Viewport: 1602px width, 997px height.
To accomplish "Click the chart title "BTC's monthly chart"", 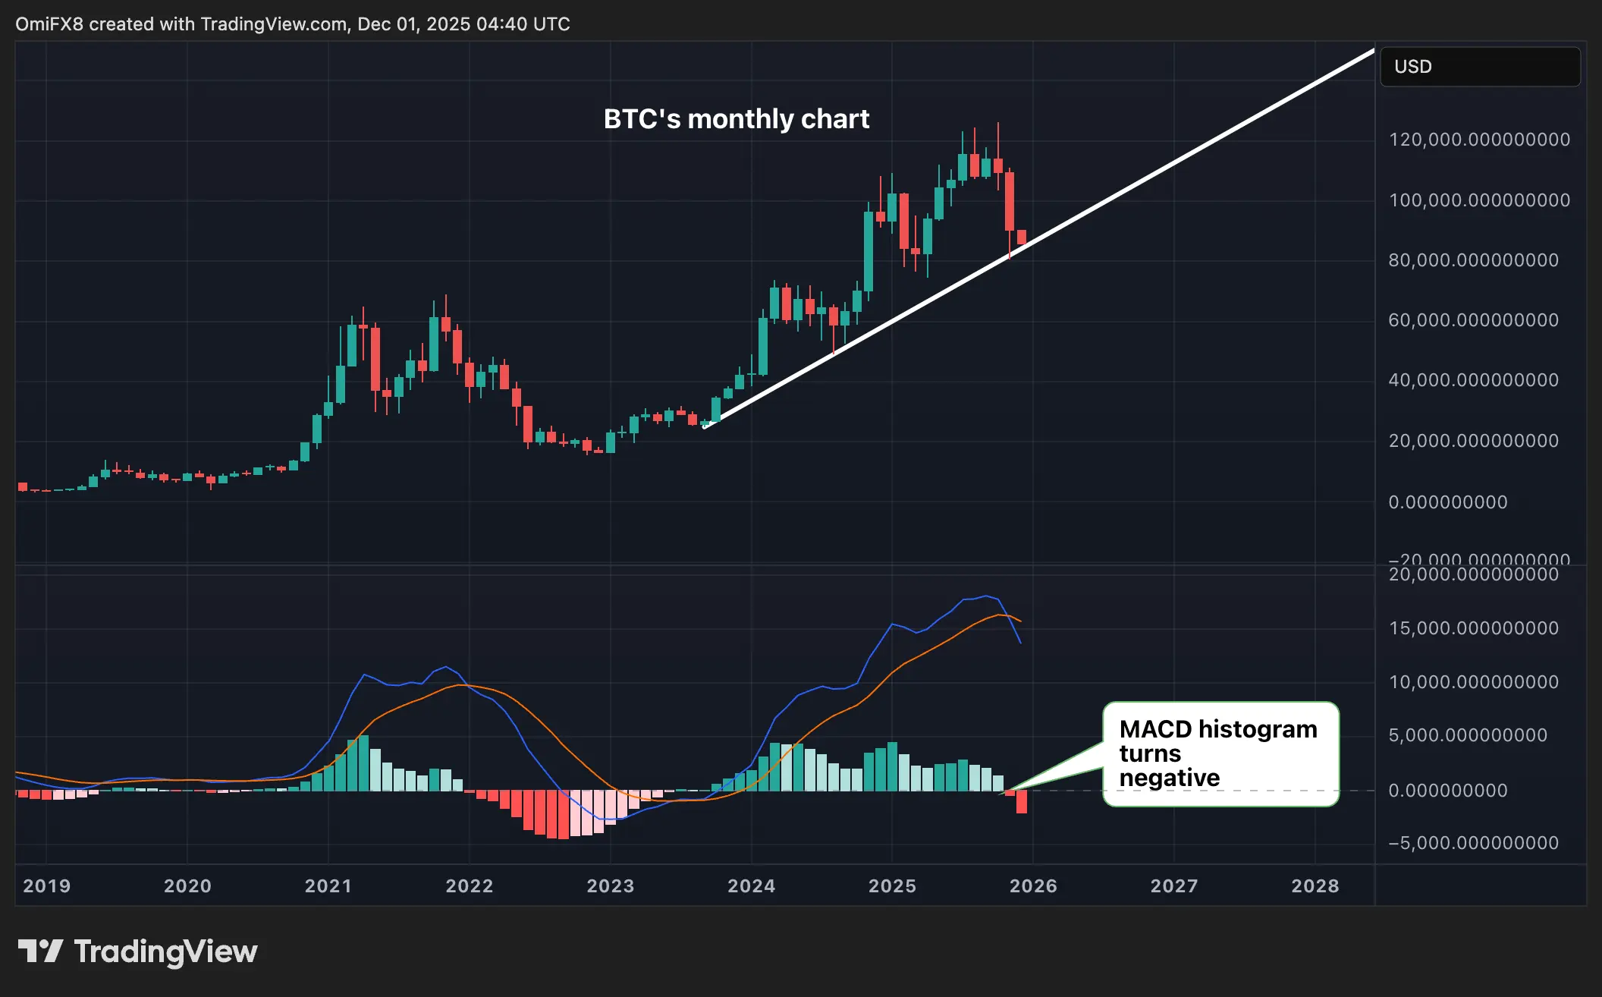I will [736, 119].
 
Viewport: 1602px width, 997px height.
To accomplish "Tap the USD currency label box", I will [1479, 67].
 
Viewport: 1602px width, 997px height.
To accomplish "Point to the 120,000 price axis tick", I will [1478, 140].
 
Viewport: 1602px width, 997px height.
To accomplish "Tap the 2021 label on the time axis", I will [328, 885].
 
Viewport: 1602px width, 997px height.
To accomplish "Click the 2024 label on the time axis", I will [751, 885].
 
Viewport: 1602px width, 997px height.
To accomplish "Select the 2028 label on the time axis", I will [1315, 885].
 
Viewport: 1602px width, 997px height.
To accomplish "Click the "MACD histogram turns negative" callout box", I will [1220, 753].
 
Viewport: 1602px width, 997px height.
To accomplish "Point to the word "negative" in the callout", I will [1169, 778].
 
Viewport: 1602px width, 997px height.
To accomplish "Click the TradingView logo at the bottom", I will [137, 951].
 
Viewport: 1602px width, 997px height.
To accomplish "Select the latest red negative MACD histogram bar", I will [1022, 801].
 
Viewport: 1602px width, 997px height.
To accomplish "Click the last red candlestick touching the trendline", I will [1022, 237].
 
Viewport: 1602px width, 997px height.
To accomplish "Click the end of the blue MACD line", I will [1020, 643].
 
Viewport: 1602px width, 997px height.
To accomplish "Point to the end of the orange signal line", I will [1021, 621].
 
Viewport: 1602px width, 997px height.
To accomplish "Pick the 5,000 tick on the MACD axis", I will [1467, 735].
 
